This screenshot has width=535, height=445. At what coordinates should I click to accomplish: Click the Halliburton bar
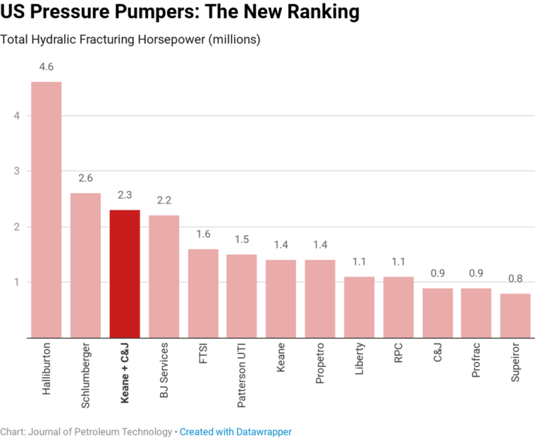pyautogui.click(x=46, y=210)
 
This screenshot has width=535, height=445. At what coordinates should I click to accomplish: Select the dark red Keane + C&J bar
pyautogui.click(x=124, y=274)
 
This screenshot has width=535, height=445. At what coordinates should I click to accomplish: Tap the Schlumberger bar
pyautogui.click(x=86, y=265)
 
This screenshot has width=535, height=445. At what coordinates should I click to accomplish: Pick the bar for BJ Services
pyautogui.click(x=163, y=277)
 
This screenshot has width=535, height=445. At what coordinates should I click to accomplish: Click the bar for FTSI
pyautogui.click(x=203, y=293)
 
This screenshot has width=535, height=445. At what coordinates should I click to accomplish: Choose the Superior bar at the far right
pyautogui.click(x=515, y=315)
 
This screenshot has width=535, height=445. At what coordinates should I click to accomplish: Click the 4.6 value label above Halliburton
pyautogui.click(x=46, y=67)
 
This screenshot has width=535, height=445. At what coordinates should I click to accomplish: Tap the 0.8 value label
pyautogui.click(x=515, y=279)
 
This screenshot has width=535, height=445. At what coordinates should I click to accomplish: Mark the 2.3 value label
pyautogui.click(x=124, y=196)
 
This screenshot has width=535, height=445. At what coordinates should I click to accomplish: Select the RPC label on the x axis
pyautogui.click(x=398, y=355)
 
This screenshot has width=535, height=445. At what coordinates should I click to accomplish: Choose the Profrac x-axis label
pyautogui.click(x=476, y=362)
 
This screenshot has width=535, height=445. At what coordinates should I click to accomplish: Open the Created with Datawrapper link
pyautogui.click(x=235, y=432)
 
